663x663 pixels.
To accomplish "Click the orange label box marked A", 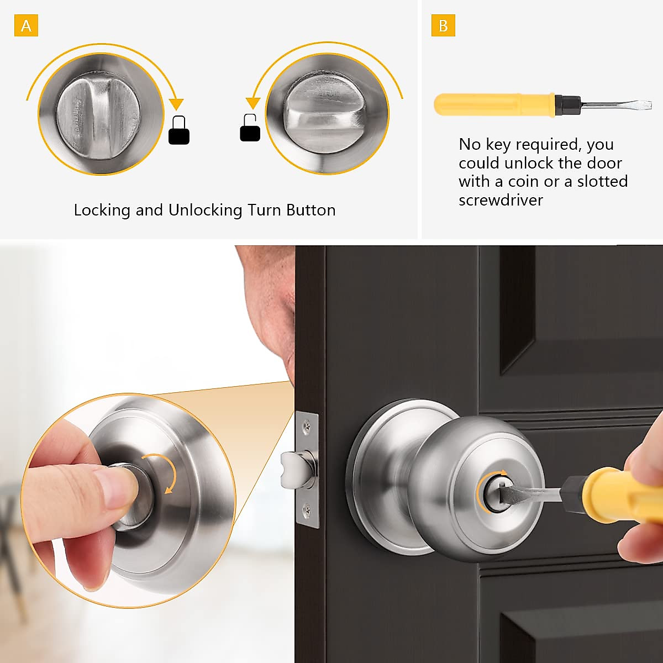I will [x=26, y=26].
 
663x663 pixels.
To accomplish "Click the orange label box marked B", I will [x=443, y=26].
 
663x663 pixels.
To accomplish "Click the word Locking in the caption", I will [x=102, y=211].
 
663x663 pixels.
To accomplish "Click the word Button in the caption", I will [x=311, y=211].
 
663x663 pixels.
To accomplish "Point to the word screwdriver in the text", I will [x=501, y=200].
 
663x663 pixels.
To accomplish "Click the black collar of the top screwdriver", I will [x=567, y=103].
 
